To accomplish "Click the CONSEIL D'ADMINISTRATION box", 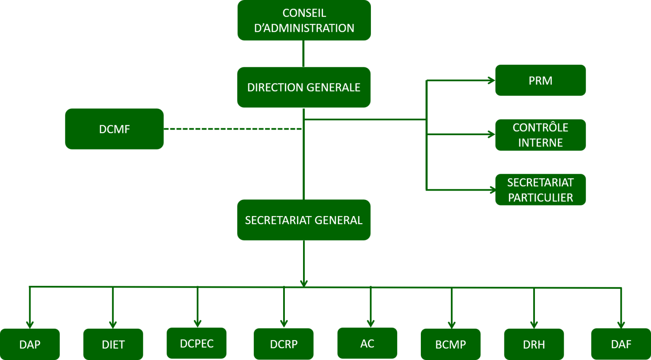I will pos(304,20).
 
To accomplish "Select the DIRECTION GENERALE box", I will pos(304,87).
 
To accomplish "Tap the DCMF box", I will pos(114,129).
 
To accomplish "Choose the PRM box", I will pos(540,80).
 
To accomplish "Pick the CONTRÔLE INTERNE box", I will pos(540,135).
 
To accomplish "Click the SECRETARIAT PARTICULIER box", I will pos(540,190).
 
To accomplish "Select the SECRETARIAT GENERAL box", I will pos(304,220).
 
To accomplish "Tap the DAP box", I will pos(30,344).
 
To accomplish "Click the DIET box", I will pos(113,344).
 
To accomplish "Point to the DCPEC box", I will pos(197,343).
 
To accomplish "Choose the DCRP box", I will pos(284,344).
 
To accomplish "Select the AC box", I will pos(367,343).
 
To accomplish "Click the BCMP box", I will pos(451,344).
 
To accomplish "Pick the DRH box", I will pos(534,344).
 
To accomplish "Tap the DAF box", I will pos(621,344).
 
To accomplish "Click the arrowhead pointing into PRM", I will pos(492,80).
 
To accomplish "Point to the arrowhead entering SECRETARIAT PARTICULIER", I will pos(492,190).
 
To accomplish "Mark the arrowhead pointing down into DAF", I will pos(621,325).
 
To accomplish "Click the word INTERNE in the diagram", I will pos(540,143).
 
